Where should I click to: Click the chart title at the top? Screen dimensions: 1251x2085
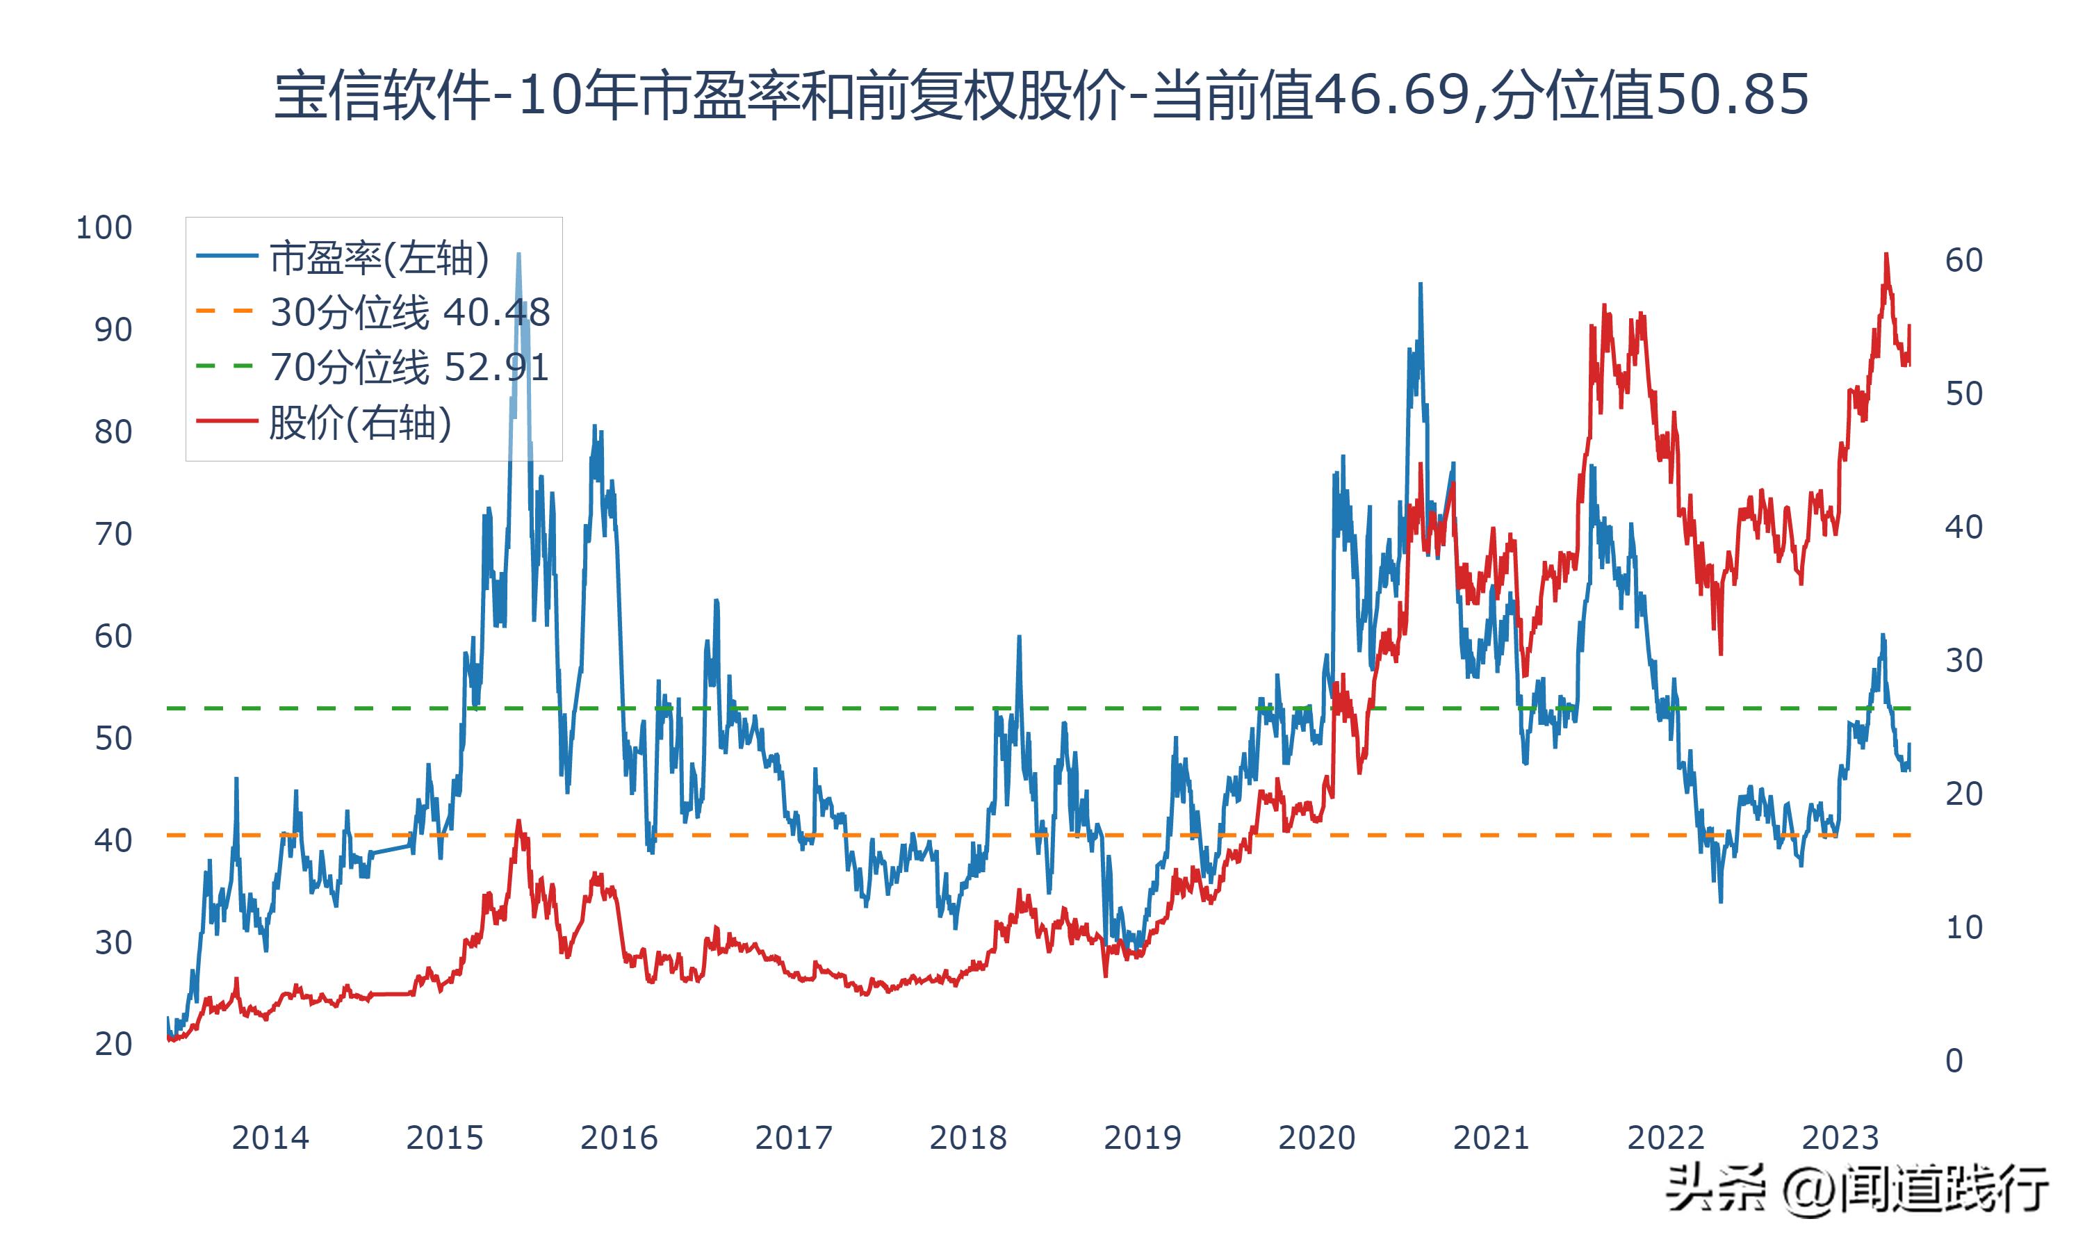[x=1042, y=95]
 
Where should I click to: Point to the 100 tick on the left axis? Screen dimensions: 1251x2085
[x=104, y=227]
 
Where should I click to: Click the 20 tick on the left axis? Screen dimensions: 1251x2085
[x=113, y=1045]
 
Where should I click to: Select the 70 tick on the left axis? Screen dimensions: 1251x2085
[x=113, y=534]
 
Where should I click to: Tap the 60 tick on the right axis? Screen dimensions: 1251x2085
[x=1963, y=261]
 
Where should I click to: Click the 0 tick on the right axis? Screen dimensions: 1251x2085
[x=1954, y=1061]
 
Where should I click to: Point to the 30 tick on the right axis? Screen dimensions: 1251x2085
[x=1963, y=660]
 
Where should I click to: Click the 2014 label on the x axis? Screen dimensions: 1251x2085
[x=270, y=1138]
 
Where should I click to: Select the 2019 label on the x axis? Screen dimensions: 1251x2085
[x=1142, y=1138]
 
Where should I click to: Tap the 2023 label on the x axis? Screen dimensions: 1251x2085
[x=1840, y=1138]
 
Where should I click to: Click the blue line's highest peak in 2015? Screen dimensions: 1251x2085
[x=518, y=254]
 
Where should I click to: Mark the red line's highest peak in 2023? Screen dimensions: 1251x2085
[x=1886, y=254]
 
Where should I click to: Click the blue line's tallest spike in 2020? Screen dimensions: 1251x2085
[x=1420, y=284]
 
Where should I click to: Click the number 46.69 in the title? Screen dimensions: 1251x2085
[x=1391, y=95]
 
